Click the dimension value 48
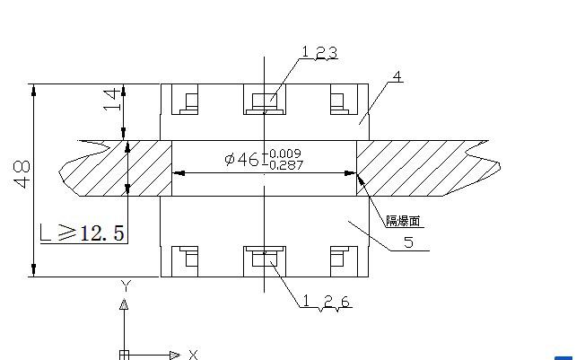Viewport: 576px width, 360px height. tap(22, 172)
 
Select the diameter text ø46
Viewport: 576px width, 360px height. tap(241, 160)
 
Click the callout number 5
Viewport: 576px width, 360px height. tap(408, 242)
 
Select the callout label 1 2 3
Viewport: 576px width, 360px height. tap(319, 53)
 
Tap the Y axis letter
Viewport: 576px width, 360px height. tap(127, 286)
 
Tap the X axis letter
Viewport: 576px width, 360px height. tap(192, 355)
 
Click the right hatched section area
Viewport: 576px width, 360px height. tap(413, 169)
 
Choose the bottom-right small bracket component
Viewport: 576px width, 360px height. tap(339, 259)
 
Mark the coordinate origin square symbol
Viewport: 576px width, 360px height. tap(125, 354)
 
